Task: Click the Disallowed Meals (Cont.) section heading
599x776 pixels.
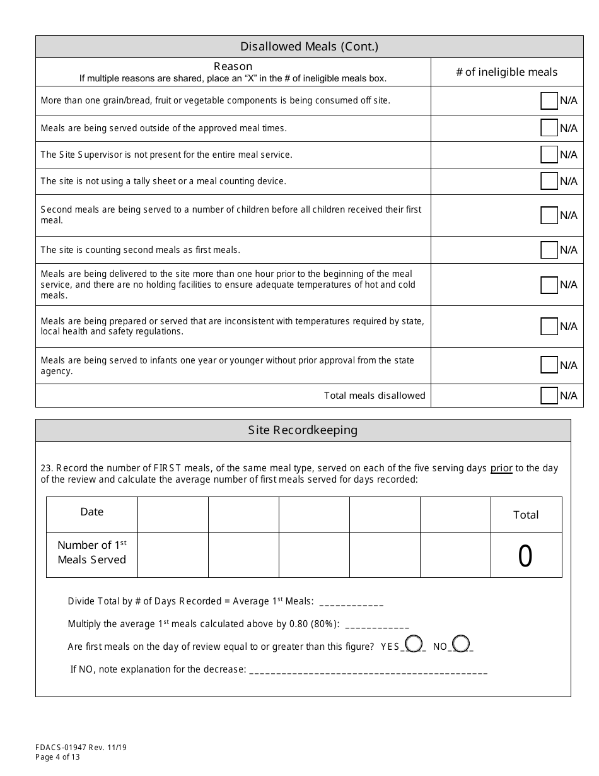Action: pyautogui.click(x=309, y=47)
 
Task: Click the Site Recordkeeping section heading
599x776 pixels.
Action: pyautogui.click(x=303, y=430)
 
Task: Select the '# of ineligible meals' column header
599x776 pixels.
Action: pyautogui.click(x=506, y=72)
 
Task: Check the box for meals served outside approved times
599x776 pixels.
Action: pyautogui.click(x=549, y=128)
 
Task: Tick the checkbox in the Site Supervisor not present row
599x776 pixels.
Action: pyautogui.click(x=549, y=155)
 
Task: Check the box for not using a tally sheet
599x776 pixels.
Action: pyautogui.click(x=549, y=181)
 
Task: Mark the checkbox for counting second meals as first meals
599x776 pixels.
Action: pyautogui.click(x=549, y=250)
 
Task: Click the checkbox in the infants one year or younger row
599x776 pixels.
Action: pyautogui.click(x=549, y=365)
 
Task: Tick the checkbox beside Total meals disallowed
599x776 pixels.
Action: pyautogui.click(x=549, y=396)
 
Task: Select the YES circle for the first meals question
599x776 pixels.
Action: pyautogui.click(x=414, y=644)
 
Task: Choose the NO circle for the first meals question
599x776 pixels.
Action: pyautogui.click(x=461, y=644)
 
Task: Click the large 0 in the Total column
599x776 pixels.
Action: pyautogui.click(x=525, y=556)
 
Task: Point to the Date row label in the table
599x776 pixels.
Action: pyautogui.click(x=92, y=512)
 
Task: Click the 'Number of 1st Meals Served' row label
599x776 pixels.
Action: pyautogui.click(x=92, y=553)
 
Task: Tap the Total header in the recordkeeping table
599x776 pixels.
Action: pyautogui.click(x=526, y=515)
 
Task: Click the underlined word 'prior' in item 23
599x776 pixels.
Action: pyautogui.click(x=501, y=468)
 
